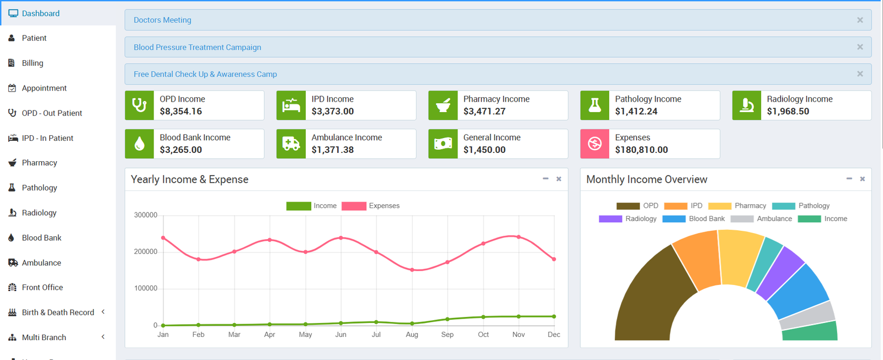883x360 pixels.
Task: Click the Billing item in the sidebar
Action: (x=32, y=63)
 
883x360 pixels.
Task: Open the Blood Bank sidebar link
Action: (x=41, y=238)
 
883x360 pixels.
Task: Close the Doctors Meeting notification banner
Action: (x=860, y=20)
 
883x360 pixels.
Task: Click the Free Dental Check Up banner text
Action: (x=205, y=74)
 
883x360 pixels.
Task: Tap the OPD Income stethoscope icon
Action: (x=139, y=105)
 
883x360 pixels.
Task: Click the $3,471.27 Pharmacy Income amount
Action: (x=484, y=112)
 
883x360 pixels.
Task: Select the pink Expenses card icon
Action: (x=594, y=144)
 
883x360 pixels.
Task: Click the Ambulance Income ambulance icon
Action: (x=291, y=144)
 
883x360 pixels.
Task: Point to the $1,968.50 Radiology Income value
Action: (x=788, y=112)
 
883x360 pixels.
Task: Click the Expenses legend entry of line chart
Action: (x=371, y=206)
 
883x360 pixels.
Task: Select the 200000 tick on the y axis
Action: (x=146, y=252)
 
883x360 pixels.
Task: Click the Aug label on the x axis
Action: (x=412, y=335)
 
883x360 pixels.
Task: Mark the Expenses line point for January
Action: (x=163, y=238)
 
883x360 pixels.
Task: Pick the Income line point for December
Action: (x=554, y=316)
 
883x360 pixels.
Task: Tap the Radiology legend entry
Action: (x=628, y=219)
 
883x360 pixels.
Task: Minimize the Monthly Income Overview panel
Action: (x=849, y=179)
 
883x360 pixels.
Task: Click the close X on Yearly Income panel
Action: (x=558, y=179)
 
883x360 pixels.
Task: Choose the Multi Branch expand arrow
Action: (x=103, y=337)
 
